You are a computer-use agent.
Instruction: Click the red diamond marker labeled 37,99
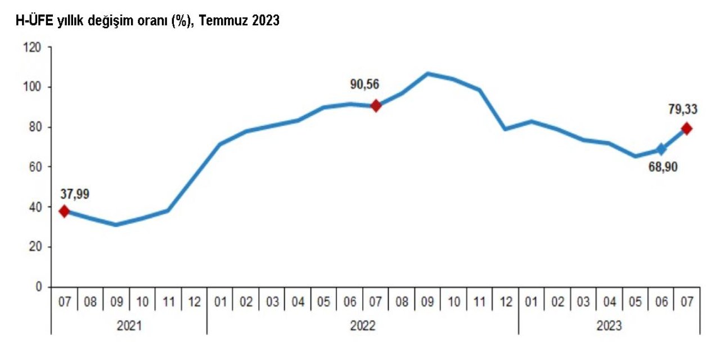click(x=64, y=211)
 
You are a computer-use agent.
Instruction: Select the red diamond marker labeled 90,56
click(x=376, y=106)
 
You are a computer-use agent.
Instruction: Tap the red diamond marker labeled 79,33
click(x=687, y=129)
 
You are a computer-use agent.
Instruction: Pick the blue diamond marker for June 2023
click(x=661, y=150)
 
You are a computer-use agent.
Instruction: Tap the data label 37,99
click(x=74, y=194)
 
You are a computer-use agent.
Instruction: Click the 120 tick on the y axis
click(x=33, y=47)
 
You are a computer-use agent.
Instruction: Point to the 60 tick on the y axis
click(x=35, y=167)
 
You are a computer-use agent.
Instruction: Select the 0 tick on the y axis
click(x=38, y=287)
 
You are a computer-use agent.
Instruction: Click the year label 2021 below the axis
click(x=129, y=326)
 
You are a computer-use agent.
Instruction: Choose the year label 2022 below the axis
click(x=362, y=326)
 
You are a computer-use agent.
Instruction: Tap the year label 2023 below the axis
click(x=609, y=326)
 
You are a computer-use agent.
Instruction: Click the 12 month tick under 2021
click(x=194, y=303)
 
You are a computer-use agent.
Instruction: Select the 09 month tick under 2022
click(x=427, y=303)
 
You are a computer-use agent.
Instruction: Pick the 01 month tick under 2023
click(x=531, y=303)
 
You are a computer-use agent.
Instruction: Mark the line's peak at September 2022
click(x=427, y=74)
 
